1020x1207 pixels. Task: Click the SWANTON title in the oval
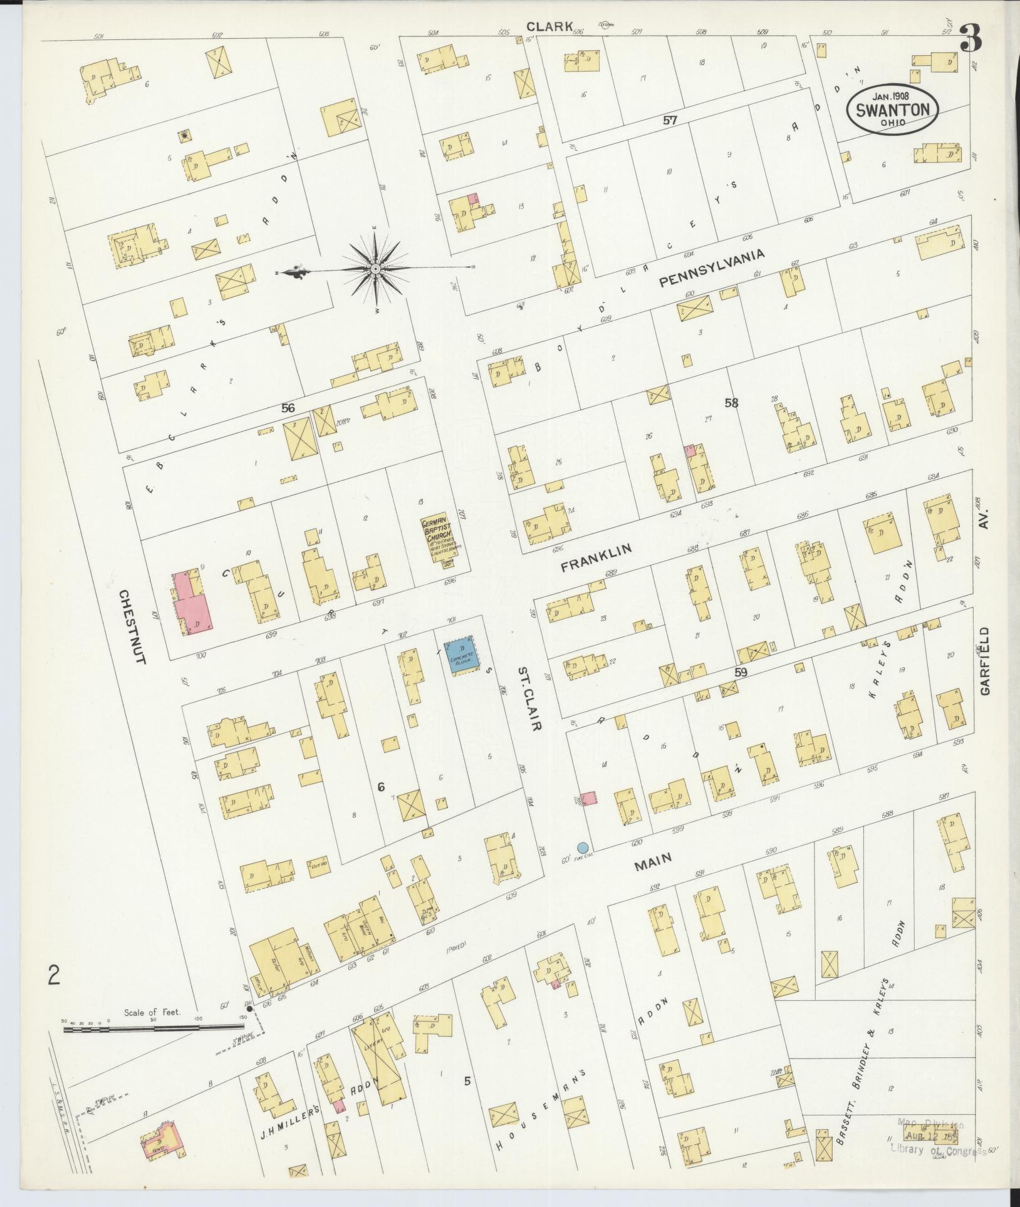[x=892, y=108]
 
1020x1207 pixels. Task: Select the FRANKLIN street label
[x=596, y=557]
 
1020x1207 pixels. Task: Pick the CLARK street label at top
[x=549, y=26]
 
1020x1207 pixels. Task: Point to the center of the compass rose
[x=375, y=269]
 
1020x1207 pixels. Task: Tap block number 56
[x=288, y=408]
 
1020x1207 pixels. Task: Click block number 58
[x=731, y=403]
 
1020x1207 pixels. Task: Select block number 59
[x=742, y=672]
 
